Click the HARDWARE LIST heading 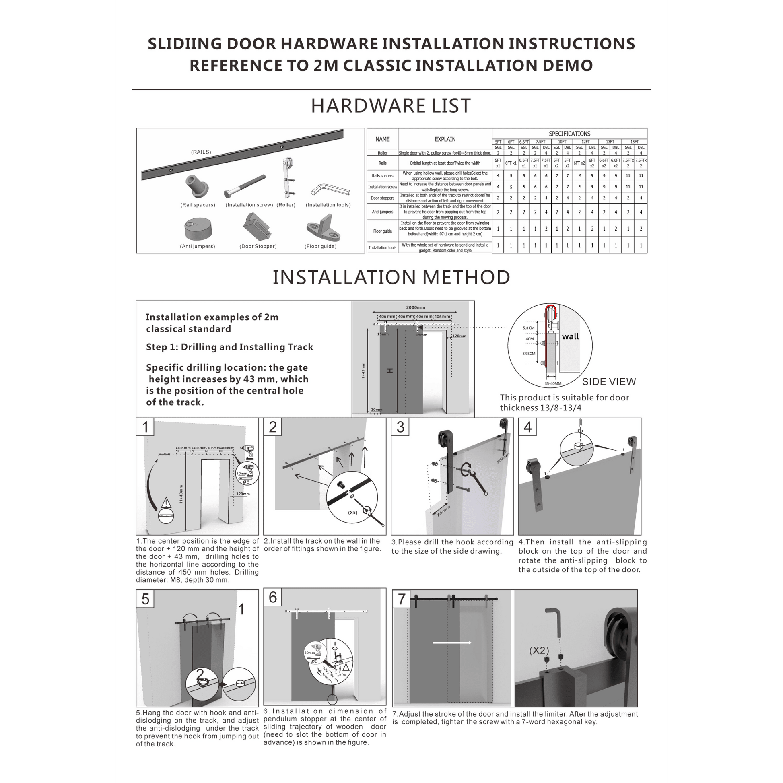click(x=391, y=106)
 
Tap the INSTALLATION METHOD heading click(x=391, y=278)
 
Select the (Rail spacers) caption click(x=198, y=205)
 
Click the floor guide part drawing click(x=323, y=230)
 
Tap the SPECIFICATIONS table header click(x=569, y=134)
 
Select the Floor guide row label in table click(x=382, y=231)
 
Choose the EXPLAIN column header click(x=445, y=139)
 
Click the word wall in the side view click(x=570, y=336)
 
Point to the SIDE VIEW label click(x=609, y=382)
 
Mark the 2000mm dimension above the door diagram click(x=415, y=307)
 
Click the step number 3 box click(x=400, y=427)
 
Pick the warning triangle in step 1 click(x=166, y=503)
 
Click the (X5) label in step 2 click(x=352, y=513)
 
